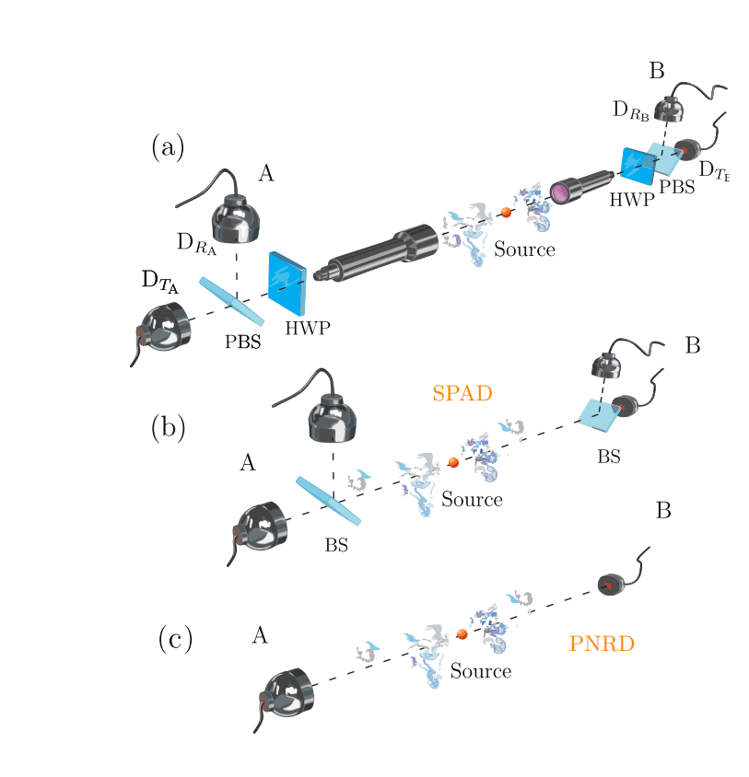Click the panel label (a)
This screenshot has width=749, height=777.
(x=168, y=147)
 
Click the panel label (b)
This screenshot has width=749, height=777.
(x=168, y=427)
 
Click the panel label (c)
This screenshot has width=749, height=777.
(x=174, y=639)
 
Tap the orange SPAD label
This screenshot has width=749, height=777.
(x=462, y=393)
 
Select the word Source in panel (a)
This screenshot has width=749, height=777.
(x=524, y=249)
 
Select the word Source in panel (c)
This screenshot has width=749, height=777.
(x=480, y=671)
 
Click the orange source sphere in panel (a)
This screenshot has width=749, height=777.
(x=506, y=213)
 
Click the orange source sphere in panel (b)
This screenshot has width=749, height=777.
(x=453, y=462)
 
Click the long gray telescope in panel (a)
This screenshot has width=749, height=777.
(x=378, y=254)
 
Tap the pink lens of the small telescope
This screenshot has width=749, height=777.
(x=559, y=192)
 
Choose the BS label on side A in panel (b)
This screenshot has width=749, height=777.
(x=336, y=545)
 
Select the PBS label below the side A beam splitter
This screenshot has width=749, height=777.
(x=243, y=342)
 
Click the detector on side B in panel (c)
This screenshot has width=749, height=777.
(x=610, y=584)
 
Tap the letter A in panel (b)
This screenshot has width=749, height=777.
(x=247, y=463)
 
